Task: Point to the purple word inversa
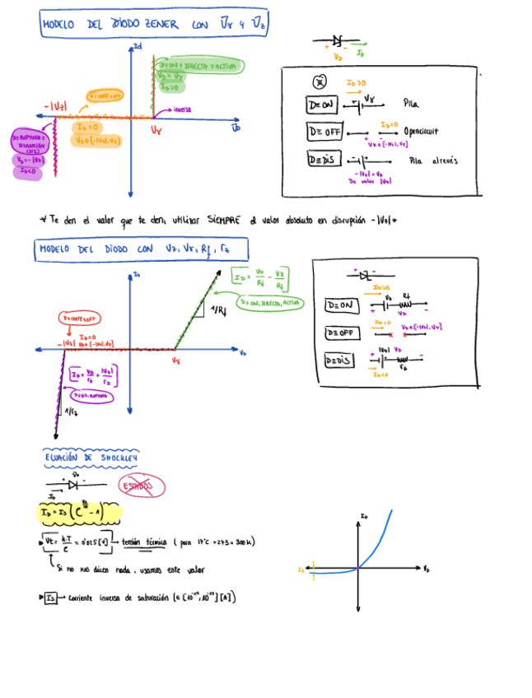tap(183, 109)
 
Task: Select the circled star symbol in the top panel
tap(320, 81)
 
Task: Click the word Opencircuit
tap(421, 131)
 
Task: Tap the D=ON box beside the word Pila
tap(322, 105)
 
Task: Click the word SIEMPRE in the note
tap(223, 220)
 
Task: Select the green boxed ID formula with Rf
tap(261, 279)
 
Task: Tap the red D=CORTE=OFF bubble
tap(81, 318)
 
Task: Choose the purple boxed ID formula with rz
tap(94, 375)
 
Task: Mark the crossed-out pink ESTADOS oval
tap(141, 486)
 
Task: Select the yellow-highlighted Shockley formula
tap(80, 514)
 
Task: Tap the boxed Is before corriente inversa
tap(51, 598)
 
